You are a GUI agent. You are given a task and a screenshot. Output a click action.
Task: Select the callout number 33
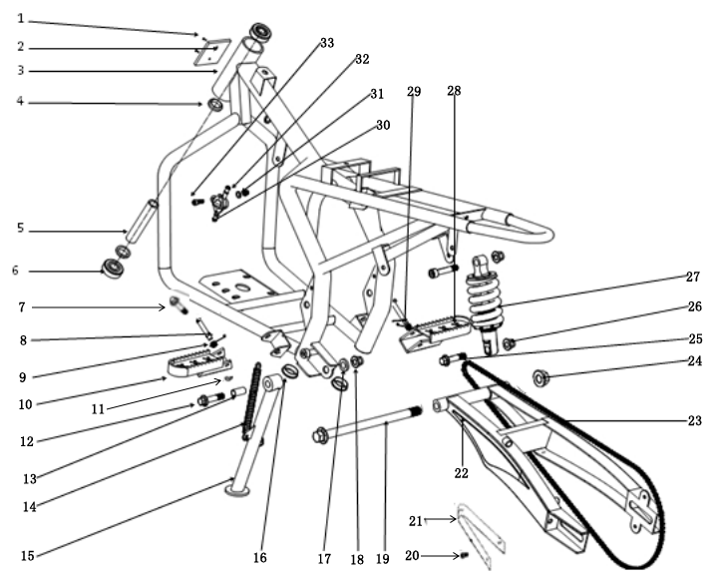click(x=327, y=44)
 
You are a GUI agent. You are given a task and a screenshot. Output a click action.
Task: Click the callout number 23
click(x=695, y=421)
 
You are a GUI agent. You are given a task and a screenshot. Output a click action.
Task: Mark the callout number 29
click(x=414, y=92)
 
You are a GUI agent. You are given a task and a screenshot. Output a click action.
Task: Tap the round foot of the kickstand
click(x=237, y=489)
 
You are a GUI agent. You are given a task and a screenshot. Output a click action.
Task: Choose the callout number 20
click(x=412, y=556)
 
